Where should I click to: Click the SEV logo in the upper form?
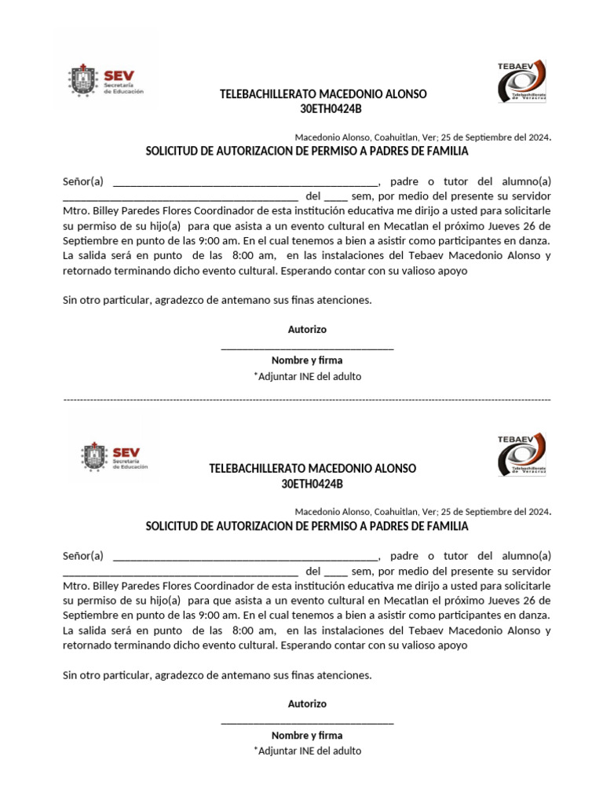pos(106,82)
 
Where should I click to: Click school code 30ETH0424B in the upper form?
pos(323,109)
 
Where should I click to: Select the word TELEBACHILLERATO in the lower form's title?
pos(257,469)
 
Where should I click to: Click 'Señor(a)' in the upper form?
pos(82,181)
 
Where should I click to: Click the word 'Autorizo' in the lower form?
pos(307,704)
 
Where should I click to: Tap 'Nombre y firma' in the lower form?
pos(307,736)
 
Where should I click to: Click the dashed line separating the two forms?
pos(307,400)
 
